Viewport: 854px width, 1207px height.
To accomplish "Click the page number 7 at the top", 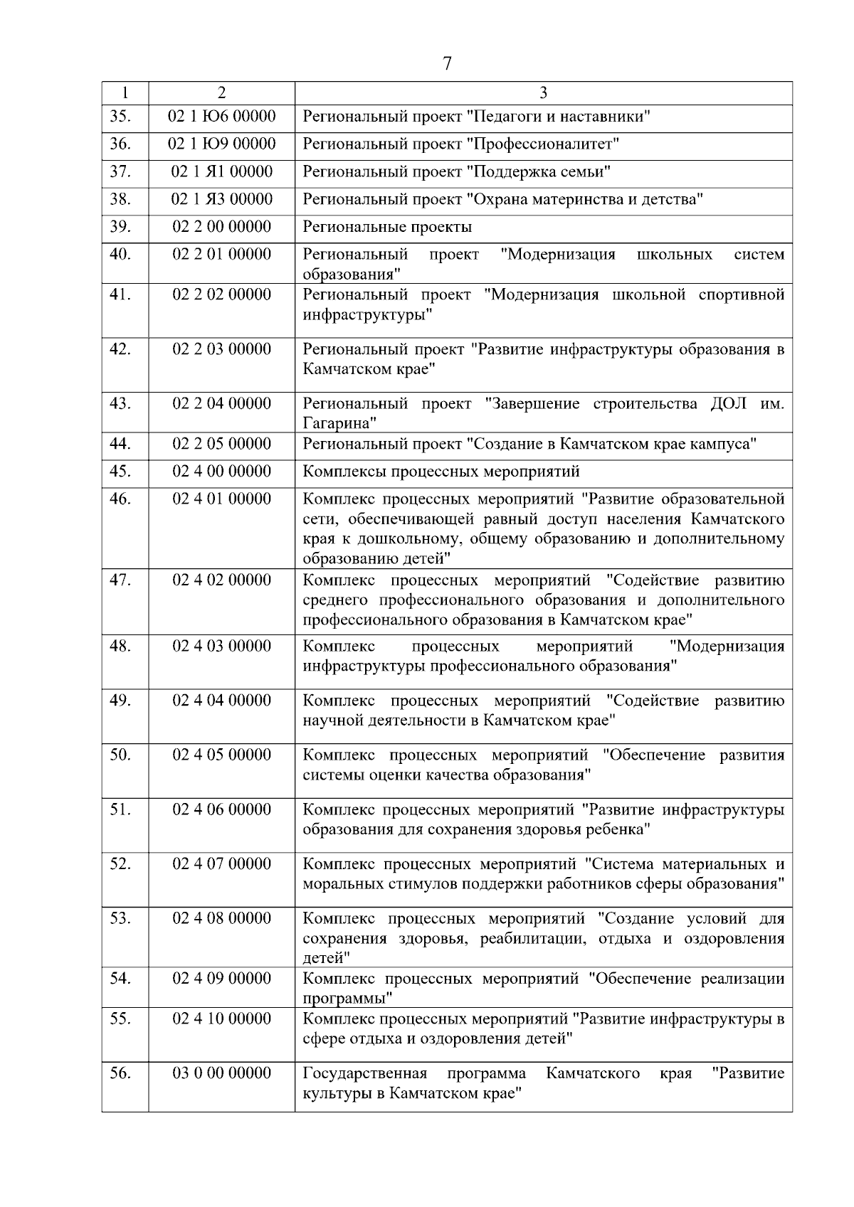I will pyautogui.click(x=447, y=64).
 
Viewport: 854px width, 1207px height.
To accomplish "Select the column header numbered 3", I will pyautogui.click(x=544, y=93).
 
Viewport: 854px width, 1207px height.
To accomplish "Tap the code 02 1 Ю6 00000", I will pyautogui.click(x=221, y=117).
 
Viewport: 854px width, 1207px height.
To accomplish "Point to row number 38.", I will pyautogui.click(x=120, y=199).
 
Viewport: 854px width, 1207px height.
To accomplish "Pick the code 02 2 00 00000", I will pyautogui.click(x=221, y=227).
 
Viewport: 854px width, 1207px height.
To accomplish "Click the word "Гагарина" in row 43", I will pyautogui.click(x=336, y=424).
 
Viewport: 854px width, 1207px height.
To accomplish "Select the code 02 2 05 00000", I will pyautogui.click(x=221, y=444).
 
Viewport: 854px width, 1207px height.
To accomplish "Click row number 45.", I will pyautogui.click(x=120, y=472).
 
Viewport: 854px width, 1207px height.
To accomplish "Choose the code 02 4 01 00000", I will pyautogui.click(x=221, y=499).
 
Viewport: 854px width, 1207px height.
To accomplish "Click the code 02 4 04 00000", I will pyautogui.click(x=221, y=701).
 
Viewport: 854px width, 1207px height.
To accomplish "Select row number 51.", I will pyautogui.click(x=120, y=809).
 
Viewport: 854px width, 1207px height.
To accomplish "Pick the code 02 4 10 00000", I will pyautogui.click(x=221, y=1019).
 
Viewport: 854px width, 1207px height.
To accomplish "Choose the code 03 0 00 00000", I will pyautogui.click(x=221, y=1073).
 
